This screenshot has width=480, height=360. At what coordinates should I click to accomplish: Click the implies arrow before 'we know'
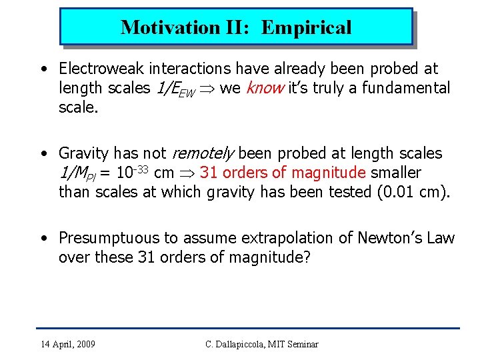coord(207,89)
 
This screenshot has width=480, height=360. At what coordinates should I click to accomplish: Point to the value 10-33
coord(133,173)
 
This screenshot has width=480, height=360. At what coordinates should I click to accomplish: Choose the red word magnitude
coord(329,173)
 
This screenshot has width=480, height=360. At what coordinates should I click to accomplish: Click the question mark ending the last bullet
coord(307,258)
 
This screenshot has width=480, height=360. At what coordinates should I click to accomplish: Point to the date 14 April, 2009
coord(67,344)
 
